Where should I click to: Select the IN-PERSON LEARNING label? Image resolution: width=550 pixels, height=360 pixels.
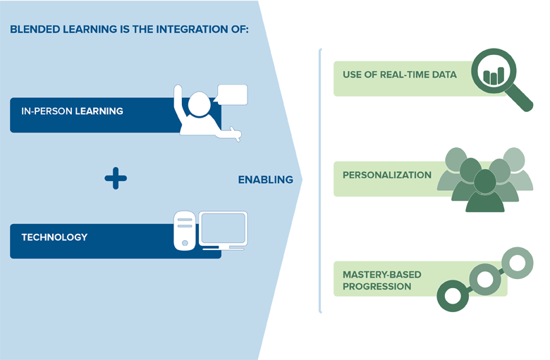coord(72,111)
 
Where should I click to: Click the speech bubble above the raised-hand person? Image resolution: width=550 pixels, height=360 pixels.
coord(232,94)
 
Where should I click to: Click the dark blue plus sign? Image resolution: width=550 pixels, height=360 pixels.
coord(116,178)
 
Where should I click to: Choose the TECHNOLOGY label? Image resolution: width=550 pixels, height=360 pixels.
coord(54,237)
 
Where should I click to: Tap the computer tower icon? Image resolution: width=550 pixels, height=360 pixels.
coord(185,230)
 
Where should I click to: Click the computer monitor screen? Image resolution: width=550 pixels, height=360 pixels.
coord(223,228)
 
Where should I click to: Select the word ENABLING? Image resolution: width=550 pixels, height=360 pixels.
coord(265,180)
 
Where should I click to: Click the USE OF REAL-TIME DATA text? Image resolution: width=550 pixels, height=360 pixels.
coord(399,75)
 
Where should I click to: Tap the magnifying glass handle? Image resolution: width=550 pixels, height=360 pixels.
coord(522,100)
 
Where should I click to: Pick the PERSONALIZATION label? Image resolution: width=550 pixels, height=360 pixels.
coord(386,175)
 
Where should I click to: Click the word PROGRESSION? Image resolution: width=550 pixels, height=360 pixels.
coord(377,287)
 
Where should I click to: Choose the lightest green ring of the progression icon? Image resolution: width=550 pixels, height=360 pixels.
coord(518,263)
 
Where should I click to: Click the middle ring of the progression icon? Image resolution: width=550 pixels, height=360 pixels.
coord(485,280)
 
